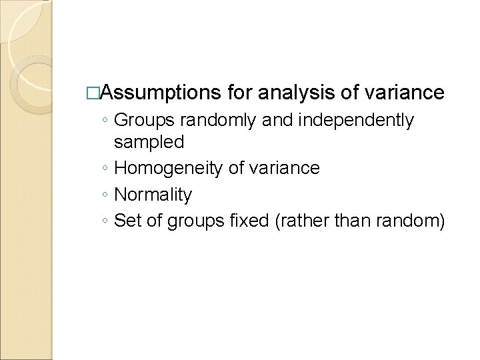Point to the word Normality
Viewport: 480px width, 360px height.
[153, 195]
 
